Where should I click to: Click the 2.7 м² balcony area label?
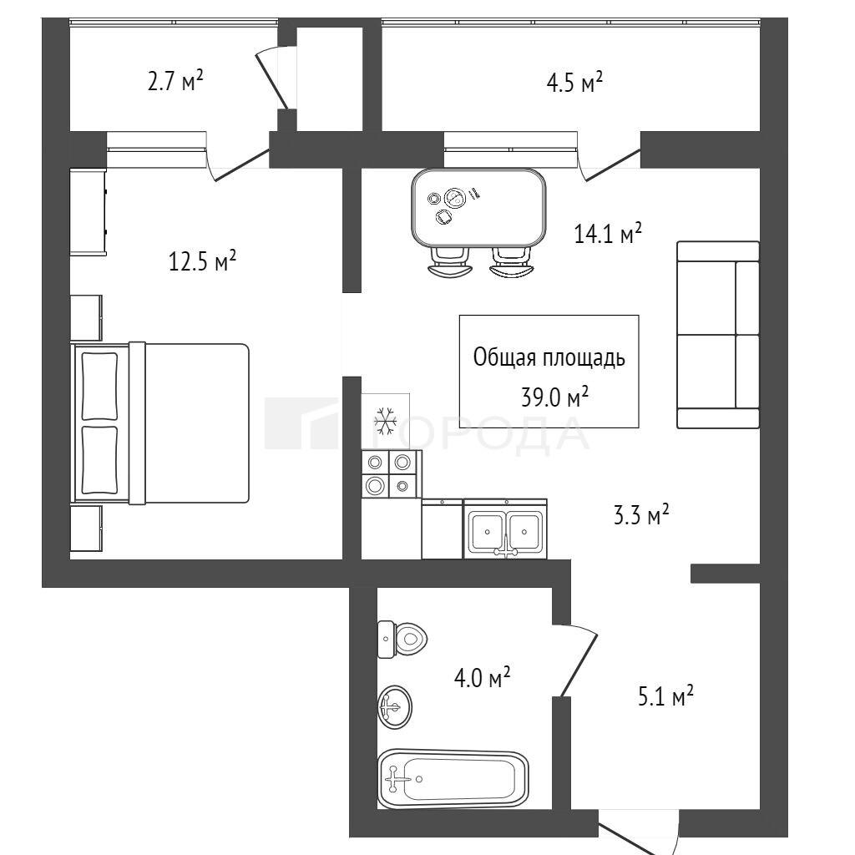point(175,82)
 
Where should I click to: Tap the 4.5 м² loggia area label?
point(574,83)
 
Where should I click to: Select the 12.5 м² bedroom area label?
point(202,261)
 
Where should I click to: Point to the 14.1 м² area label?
point(608,233)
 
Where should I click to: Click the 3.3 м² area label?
point(641,514)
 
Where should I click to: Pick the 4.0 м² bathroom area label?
point(482,678)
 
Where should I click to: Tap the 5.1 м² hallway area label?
point(665,696)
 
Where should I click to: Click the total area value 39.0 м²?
point(554,397)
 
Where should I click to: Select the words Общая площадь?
point(549,357)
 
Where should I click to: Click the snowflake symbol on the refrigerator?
point(385,421)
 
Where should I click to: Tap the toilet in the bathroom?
point(402,639)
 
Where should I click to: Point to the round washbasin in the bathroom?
point(395,707)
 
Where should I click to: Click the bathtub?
point(453,779)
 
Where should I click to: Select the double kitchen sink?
point(505,529)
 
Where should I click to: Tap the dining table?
point(478,207)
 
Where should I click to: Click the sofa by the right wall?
point(718,335)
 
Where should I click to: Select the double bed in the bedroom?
point(160,423)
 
